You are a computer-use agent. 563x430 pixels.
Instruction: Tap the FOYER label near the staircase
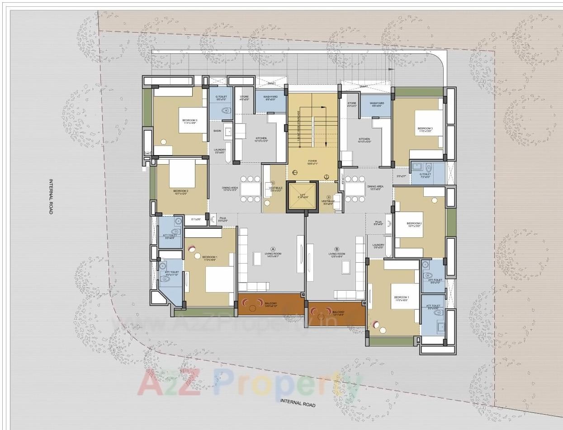[312, 161]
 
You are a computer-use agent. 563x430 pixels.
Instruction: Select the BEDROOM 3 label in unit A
[190, 120]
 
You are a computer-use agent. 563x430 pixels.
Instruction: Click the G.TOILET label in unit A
[221, 97]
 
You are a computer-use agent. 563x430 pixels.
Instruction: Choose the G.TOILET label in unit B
[426, 174]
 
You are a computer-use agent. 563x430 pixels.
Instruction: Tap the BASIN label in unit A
[218, 131]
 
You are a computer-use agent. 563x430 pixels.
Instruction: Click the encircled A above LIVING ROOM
[273, 249]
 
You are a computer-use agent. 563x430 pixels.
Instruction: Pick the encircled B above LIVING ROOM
[336, 249]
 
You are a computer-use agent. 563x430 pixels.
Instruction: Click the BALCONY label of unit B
[338, 312]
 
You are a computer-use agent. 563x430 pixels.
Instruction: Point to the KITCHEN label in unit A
[261, 138]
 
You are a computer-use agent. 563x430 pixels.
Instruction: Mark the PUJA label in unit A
[222, 218]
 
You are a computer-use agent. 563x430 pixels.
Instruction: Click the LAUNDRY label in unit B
[379, 245]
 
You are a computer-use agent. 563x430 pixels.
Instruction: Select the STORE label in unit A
[244, 96]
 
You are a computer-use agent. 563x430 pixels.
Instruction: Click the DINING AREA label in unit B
[375, 186]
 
